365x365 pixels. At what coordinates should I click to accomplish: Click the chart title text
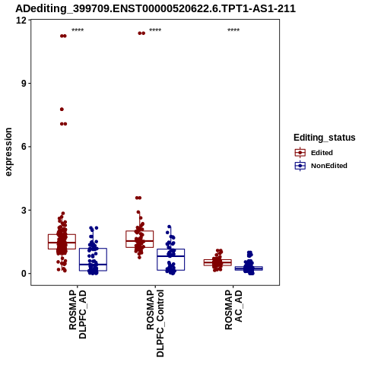tap(155, 8)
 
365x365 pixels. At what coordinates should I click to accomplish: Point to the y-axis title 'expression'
tap(8, 152)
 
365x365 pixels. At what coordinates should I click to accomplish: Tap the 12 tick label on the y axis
tap(21, 20)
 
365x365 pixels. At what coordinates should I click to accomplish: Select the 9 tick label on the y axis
tap(24, 84)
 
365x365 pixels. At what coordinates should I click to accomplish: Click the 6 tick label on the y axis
tap(24, 147)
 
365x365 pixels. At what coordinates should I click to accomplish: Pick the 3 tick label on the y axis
tap(24, 210)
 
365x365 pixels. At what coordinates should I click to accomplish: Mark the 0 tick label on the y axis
tap(24, 274)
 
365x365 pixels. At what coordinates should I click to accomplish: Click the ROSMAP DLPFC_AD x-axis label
tap(78, 315)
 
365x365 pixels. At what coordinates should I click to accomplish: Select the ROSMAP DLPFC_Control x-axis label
tap(155, 323)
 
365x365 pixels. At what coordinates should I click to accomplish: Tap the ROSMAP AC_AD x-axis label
tap(233, 309)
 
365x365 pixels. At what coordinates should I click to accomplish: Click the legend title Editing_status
tap(324, 138)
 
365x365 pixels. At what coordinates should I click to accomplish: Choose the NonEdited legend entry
tap(321, 166)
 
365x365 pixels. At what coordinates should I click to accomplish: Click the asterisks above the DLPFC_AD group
tap(78, 30)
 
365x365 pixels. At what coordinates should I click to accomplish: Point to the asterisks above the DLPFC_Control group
tap(155, 30)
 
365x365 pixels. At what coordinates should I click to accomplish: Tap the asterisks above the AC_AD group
tap(233, 30)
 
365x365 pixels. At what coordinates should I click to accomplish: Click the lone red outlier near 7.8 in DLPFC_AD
tap(62, 109)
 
